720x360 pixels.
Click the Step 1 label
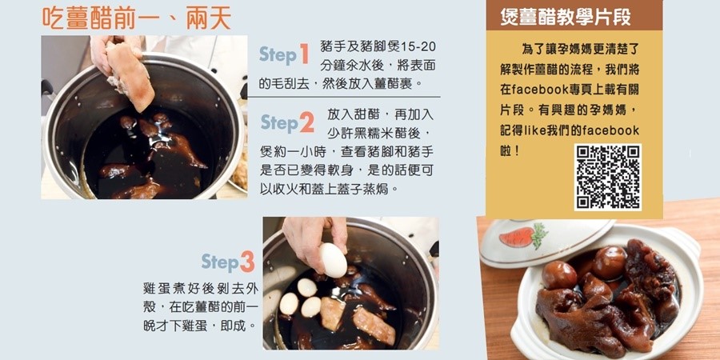coord(284,54)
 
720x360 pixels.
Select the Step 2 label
coord(287,122)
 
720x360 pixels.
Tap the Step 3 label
coord(228,262)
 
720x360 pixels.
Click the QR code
coord(608,178)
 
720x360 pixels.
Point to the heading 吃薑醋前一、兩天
coord(136,19)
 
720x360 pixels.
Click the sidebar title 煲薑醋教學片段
coord(566,17)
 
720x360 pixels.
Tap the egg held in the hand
coord(333,260)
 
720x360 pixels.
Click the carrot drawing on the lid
coord(523,236)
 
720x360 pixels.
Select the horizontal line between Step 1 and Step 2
coord(344,97)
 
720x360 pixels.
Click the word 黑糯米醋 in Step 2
coord(368,133)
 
